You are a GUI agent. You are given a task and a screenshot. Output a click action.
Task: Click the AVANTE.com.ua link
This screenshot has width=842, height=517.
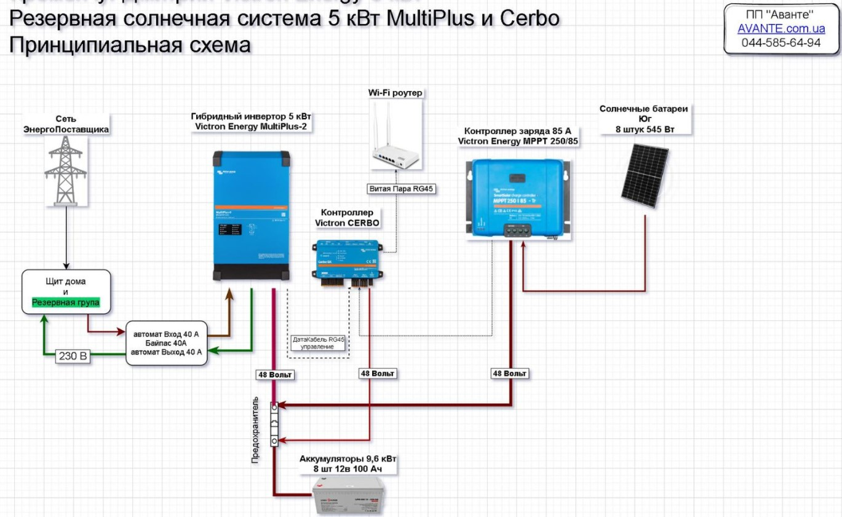[x=781, y=30]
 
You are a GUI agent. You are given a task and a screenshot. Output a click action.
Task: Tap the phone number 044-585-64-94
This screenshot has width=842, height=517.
[x=781, y=43]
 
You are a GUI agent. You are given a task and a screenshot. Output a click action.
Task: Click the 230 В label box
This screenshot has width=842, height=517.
[x=73, y=355]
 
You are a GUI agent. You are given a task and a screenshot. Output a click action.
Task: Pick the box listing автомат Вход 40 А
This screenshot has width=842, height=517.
[x=167, y=343]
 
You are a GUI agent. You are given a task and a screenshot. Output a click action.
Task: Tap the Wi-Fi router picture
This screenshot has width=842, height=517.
[x=397, y=139]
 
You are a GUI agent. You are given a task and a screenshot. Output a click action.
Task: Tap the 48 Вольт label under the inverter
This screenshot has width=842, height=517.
[x=275, y=374]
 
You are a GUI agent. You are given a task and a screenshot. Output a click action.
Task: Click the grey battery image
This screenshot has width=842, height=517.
[x=346, y=496]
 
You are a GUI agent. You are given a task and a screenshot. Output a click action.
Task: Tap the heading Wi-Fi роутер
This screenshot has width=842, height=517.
[x=397, y=93]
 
